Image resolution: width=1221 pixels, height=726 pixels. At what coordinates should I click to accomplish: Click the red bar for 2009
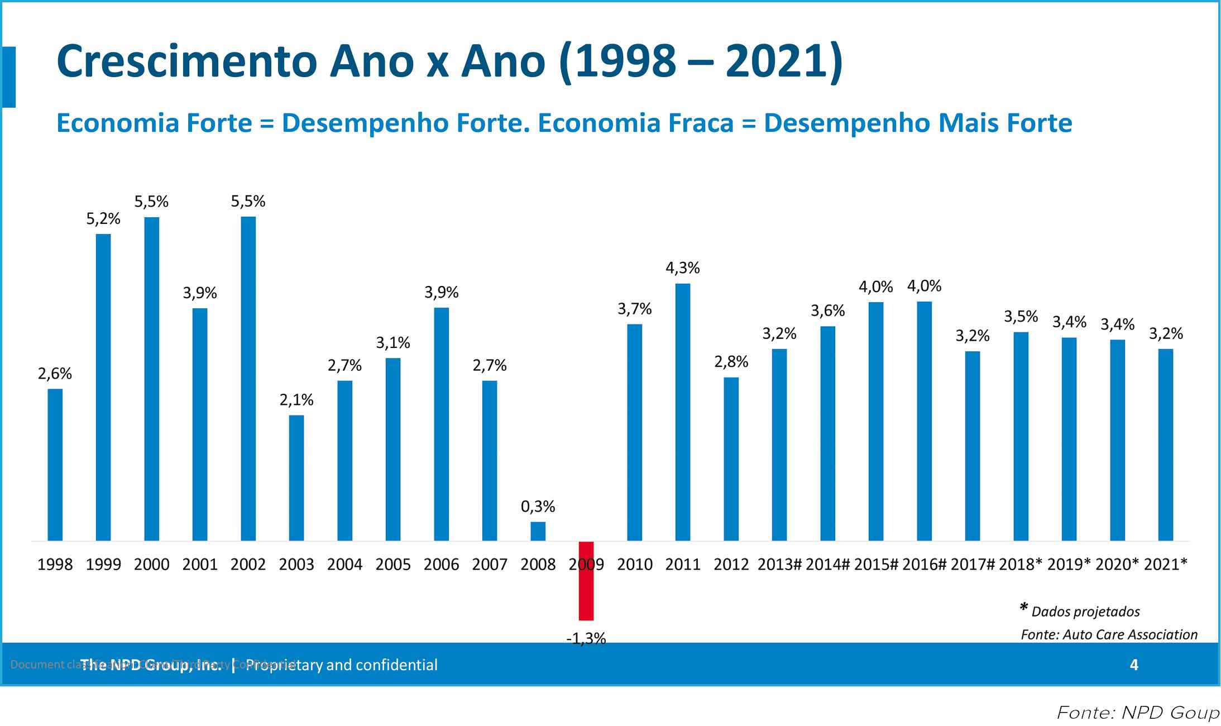coord(586,581)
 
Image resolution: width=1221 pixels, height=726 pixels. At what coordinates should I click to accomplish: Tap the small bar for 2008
coord(538,531)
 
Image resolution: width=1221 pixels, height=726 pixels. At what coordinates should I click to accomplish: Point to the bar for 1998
coord(55,465)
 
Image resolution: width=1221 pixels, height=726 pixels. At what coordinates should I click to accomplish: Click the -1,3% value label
coord(586,638)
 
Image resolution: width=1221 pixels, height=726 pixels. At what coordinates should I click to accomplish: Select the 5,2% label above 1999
coord(103,219)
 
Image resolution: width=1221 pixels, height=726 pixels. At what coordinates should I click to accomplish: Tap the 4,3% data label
coord(683,268)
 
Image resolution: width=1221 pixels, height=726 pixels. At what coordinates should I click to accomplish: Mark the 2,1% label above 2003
coord(296,400)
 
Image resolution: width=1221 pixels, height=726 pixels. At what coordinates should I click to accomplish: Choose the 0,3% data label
coord(538,507)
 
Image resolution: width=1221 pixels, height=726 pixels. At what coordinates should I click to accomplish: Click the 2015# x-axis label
coord(876,565)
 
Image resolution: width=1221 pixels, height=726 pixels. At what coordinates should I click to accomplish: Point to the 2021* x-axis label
coord(1166,565)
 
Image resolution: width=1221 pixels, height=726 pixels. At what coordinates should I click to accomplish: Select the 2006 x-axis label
coord(441,565)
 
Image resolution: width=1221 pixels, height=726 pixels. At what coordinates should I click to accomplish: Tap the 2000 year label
coord(152,565)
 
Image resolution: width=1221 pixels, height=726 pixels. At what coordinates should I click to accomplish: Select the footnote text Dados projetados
coord(1085,612)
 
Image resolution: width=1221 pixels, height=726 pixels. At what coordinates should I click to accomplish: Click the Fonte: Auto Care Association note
coord(1109,634)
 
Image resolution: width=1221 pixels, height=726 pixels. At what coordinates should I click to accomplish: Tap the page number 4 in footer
coord(1134,665)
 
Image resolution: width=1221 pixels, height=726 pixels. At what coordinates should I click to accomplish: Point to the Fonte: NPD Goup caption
coord(1138,713)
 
